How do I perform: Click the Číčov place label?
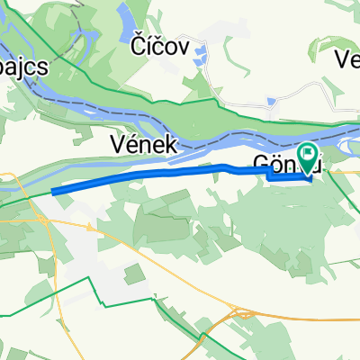point(161,49)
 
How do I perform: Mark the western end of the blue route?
point(55,191)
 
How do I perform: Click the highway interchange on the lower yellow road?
point(242,314)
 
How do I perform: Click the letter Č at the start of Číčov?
point(138,49)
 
